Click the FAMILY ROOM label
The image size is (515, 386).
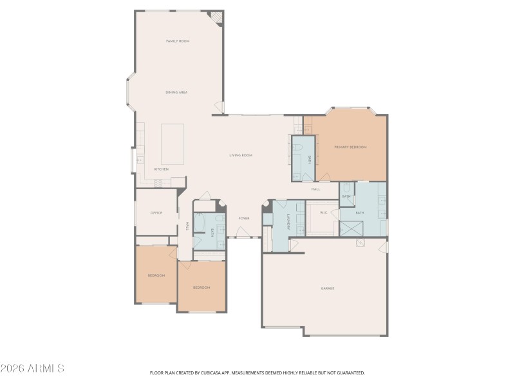(178, 41)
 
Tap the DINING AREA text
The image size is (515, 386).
(176, 93)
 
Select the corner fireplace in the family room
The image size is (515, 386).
(219, 18)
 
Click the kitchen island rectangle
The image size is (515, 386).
(173, 144)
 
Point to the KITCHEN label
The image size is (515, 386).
(161, 169)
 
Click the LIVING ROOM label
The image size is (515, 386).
(241, 156)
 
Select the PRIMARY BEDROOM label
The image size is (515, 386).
(350, 147)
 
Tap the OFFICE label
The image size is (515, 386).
(156, 213)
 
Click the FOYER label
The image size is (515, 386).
(244, 219)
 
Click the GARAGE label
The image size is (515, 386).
(328, 288)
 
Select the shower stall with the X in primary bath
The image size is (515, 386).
(351, 229)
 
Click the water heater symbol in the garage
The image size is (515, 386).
(360, 243)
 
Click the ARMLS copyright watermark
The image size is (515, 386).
(32, 369)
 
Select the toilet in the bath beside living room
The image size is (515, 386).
(299, 148)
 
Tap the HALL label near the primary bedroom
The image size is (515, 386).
(316, 189)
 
